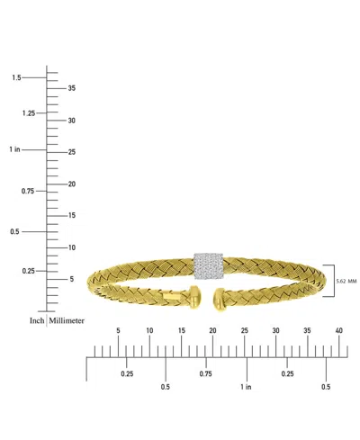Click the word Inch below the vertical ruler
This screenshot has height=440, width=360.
tap(36, 320)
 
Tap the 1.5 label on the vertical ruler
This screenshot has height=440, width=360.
tap(16, 77)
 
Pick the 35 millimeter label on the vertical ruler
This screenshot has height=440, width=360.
tap(72, 87)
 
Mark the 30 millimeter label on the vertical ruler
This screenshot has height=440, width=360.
tap(72, 120)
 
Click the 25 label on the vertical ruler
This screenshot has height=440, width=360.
tap(72, 152)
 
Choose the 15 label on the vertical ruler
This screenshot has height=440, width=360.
tap(72, 215)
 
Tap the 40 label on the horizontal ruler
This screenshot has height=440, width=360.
tap(338, 331)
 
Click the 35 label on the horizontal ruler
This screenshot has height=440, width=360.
tap(307, 331)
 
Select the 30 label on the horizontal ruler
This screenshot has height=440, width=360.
tap(275, 331)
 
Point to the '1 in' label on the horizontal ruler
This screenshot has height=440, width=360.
tap(247, 387)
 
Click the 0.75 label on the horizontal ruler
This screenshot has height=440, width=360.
tap(206, 373)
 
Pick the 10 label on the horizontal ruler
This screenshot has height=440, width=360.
tap(149, 331)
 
